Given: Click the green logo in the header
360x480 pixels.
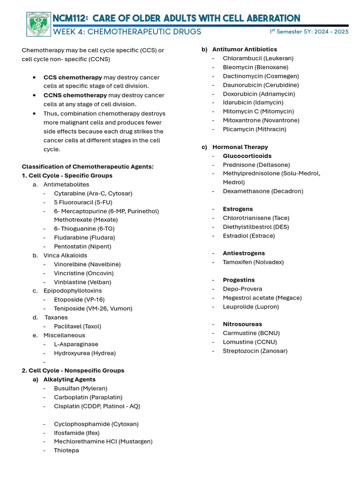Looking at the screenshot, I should pyautogui.click(x=38, y=24).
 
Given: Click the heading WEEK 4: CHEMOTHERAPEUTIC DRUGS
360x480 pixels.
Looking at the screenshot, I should pyautogui.click(x=127, y=32).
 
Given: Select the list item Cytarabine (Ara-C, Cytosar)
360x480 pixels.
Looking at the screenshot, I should pyautogui.click(x=93, y=193).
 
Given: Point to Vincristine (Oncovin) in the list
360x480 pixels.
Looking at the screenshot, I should pyautogui.click(x=83, y=273).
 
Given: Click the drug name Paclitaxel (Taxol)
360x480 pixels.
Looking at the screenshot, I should pyautogui.click(x=77, y=326).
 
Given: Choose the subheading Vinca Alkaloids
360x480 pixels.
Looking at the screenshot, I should pyautogui.click(x=65, y=255).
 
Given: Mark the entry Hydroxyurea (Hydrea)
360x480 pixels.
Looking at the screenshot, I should pyautogui.click(x=84, y=353).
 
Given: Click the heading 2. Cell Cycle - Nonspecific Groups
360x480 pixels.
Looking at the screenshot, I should pyautogui.click(x=73, y=370).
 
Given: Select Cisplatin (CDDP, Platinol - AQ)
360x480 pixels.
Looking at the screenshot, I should pyautogui.click(x=97, y=406).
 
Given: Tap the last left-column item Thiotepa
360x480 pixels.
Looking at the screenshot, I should pyautogui.click(x=66, y=450).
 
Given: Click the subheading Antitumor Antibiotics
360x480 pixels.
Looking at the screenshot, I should pyautogui.click(x=244, y=49).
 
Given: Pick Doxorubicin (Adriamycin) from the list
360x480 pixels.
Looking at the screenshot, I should pyautogui.click(x=254, y=94).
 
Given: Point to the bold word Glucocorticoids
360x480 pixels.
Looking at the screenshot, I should pyautogui.click(x=247, y=156).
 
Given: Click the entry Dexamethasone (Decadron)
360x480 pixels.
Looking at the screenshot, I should pyautogui.click(x=262, y=191).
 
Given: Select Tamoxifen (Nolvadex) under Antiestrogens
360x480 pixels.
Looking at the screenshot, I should pyautogui.click(x=253, y=262).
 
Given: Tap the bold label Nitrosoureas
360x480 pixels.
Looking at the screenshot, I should pyautogui.click(x=242, y=324).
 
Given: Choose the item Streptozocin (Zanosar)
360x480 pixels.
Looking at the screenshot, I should pyautogui.click(x=255, y=351).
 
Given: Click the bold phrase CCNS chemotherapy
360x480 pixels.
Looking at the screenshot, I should pyautogui.click(x=75, y=95).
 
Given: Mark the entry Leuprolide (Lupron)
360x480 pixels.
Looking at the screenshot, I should pyautogui.click(x=251, y=307).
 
